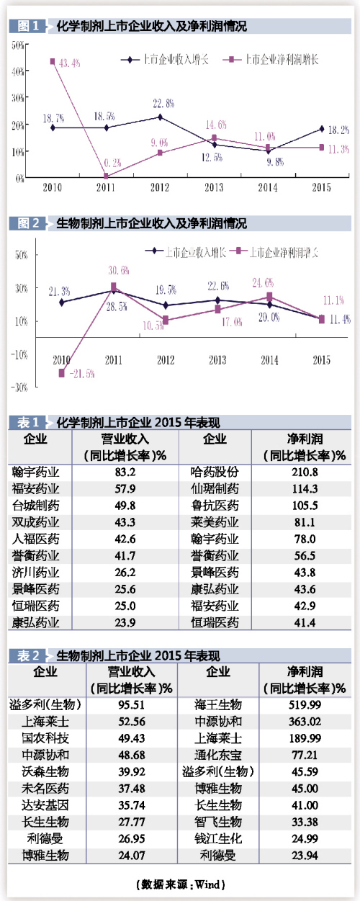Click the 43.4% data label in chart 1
coord(70,63)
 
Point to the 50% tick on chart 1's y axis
coord(18,45)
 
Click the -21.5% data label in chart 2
coord(81,373)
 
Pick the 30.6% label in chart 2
coord(118,270)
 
